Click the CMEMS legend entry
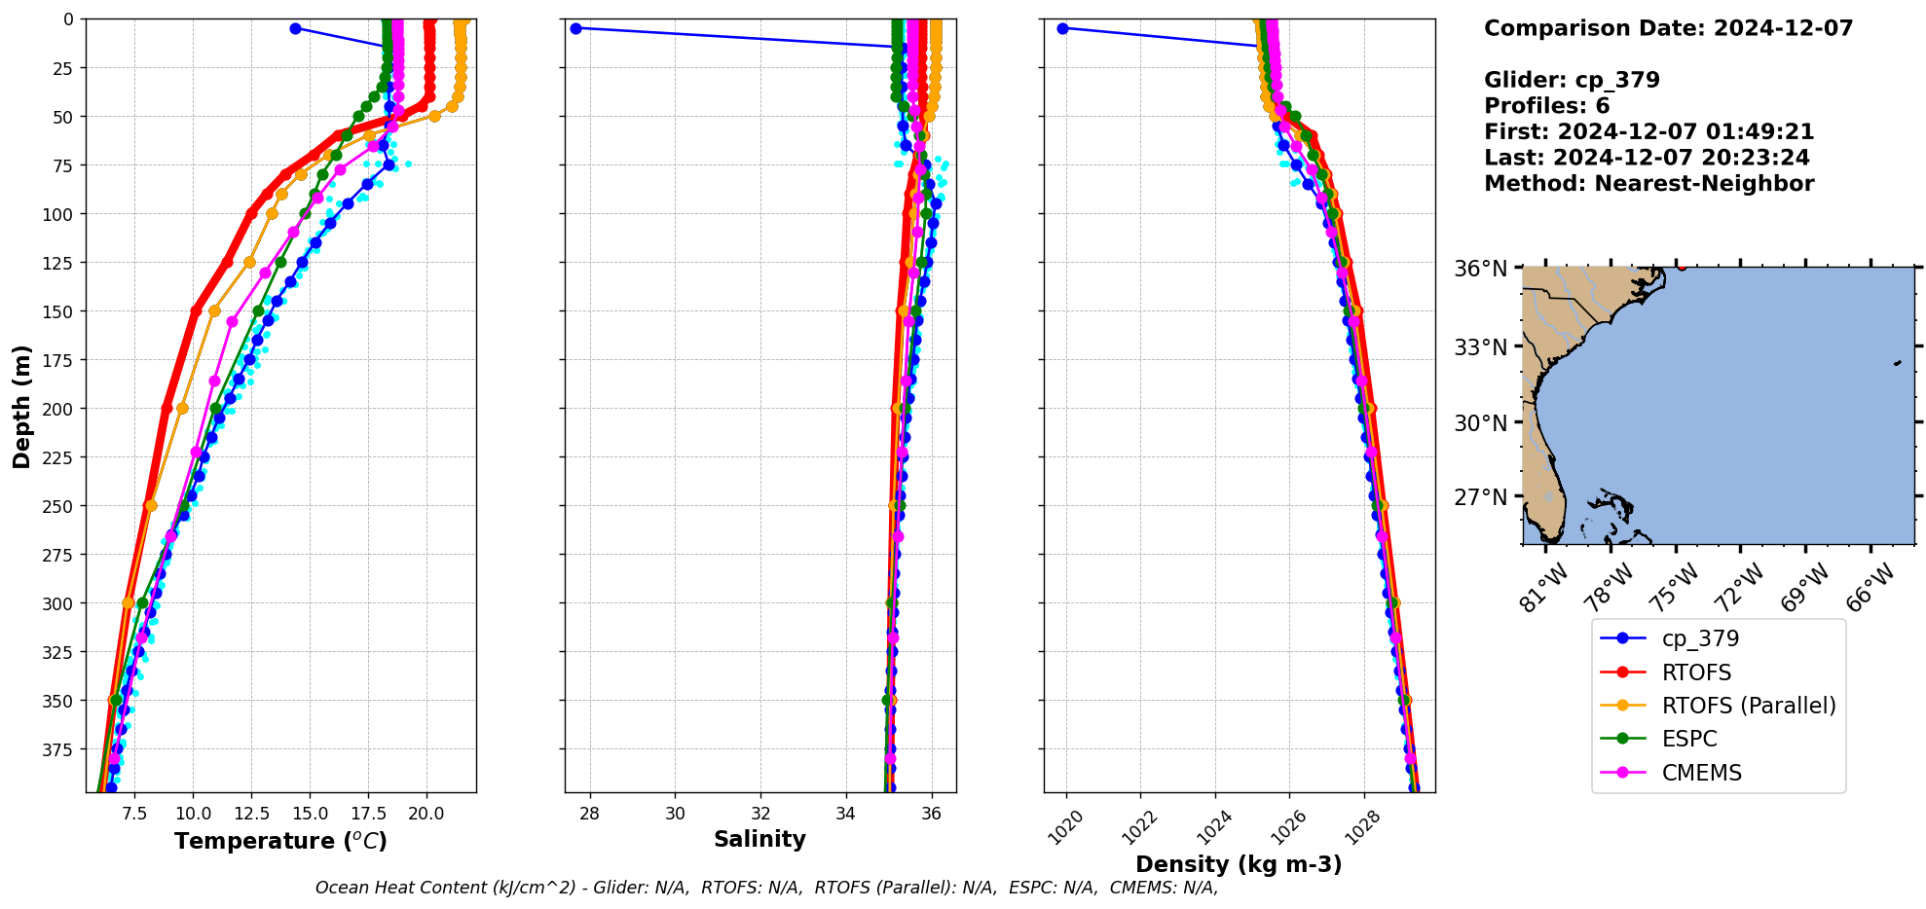point(1701,773)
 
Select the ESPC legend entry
point(1689,739)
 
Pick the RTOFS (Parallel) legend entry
point(1748,706)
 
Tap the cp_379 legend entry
point(1700,638)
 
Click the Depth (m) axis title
point(21,406)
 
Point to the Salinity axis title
point(759,839)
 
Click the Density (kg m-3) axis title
point(1239,864)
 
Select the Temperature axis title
point(280,841)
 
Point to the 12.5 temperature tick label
point(250,813)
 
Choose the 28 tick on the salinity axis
point(589,813)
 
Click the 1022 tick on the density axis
point(1139,828)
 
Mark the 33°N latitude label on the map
point(1480,347)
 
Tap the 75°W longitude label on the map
point(1675,589)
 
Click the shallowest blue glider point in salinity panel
point(575,28)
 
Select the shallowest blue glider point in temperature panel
point(295,28)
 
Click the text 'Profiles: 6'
point(1546,106)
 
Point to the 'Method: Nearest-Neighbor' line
point(1648,184)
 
